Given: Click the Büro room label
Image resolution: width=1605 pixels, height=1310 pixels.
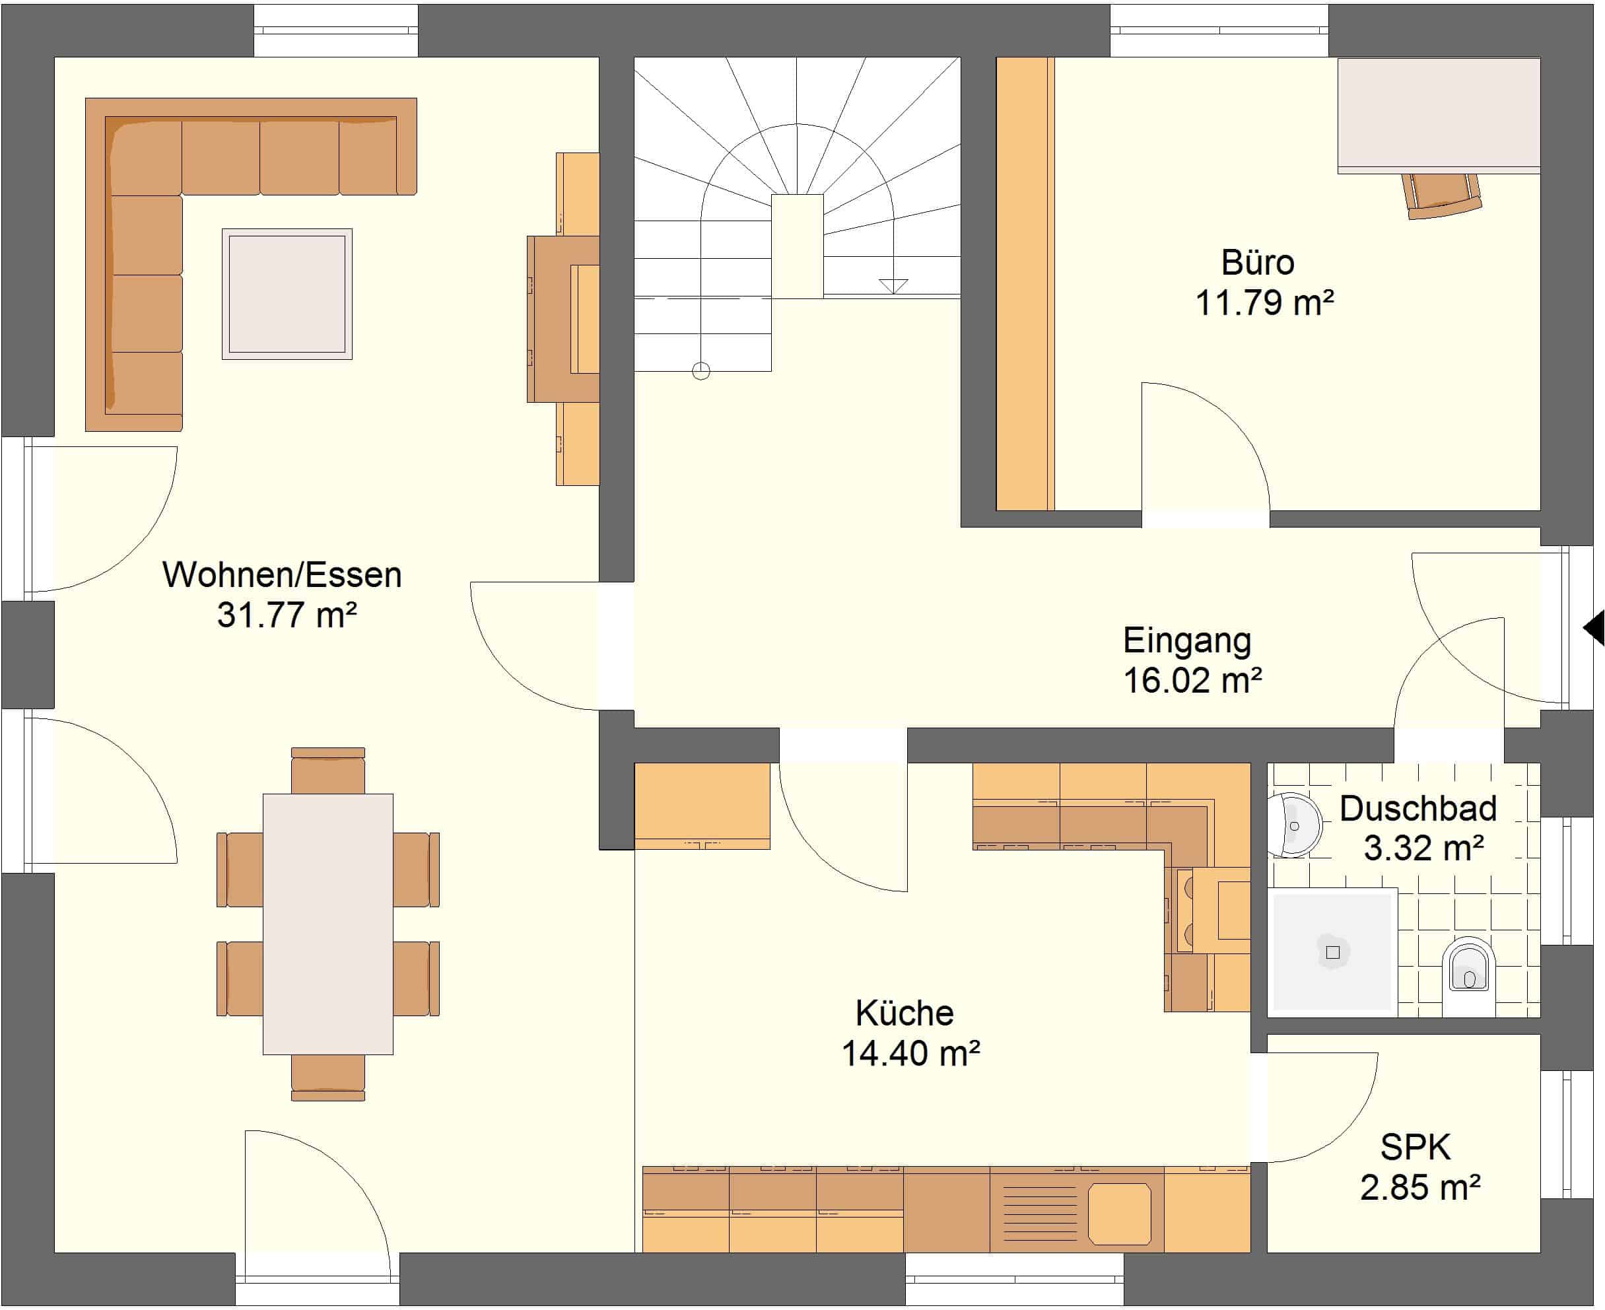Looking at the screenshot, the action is (1257, 263).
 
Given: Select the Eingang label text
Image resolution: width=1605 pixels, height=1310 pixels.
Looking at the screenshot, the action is (1187, 640).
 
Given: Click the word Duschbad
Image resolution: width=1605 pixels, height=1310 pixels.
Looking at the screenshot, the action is (1418, 808).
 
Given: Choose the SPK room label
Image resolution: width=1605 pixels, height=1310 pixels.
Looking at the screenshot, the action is (1415, 1148).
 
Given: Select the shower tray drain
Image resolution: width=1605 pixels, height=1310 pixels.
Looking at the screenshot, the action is (1332, 952).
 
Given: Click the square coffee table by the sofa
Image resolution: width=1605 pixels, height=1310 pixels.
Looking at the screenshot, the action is (287, 294).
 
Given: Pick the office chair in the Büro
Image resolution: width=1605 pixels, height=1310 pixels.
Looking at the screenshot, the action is (1443, 196).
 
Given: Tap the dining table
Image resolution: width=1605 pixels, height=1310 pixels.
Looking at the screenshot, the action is (327, 924).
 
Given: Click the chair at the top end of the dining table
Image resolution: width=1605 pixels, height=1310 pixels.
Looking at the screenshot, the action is (327, 771).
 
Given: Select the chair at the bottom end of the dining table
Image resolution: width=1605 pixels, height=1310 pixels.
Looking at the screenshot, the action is (327, 1078).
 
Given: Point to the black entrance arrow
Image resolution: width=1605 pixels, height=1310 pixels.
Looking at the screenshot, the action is (1594, 628).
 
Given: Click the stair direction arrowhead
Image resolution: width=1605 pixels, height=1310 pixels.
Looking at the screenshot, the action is (893, 286).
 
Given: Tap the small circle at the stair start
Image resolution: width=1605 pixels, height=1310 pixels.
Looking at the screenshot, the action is (701, 370).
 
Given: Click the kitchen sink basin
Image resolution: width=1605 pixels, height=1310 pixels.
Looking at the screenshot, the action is (1120, 1213).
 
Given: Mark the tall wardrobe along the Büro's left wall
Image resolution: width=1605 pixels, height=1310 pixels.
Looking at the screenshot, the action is (1025, 284).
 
